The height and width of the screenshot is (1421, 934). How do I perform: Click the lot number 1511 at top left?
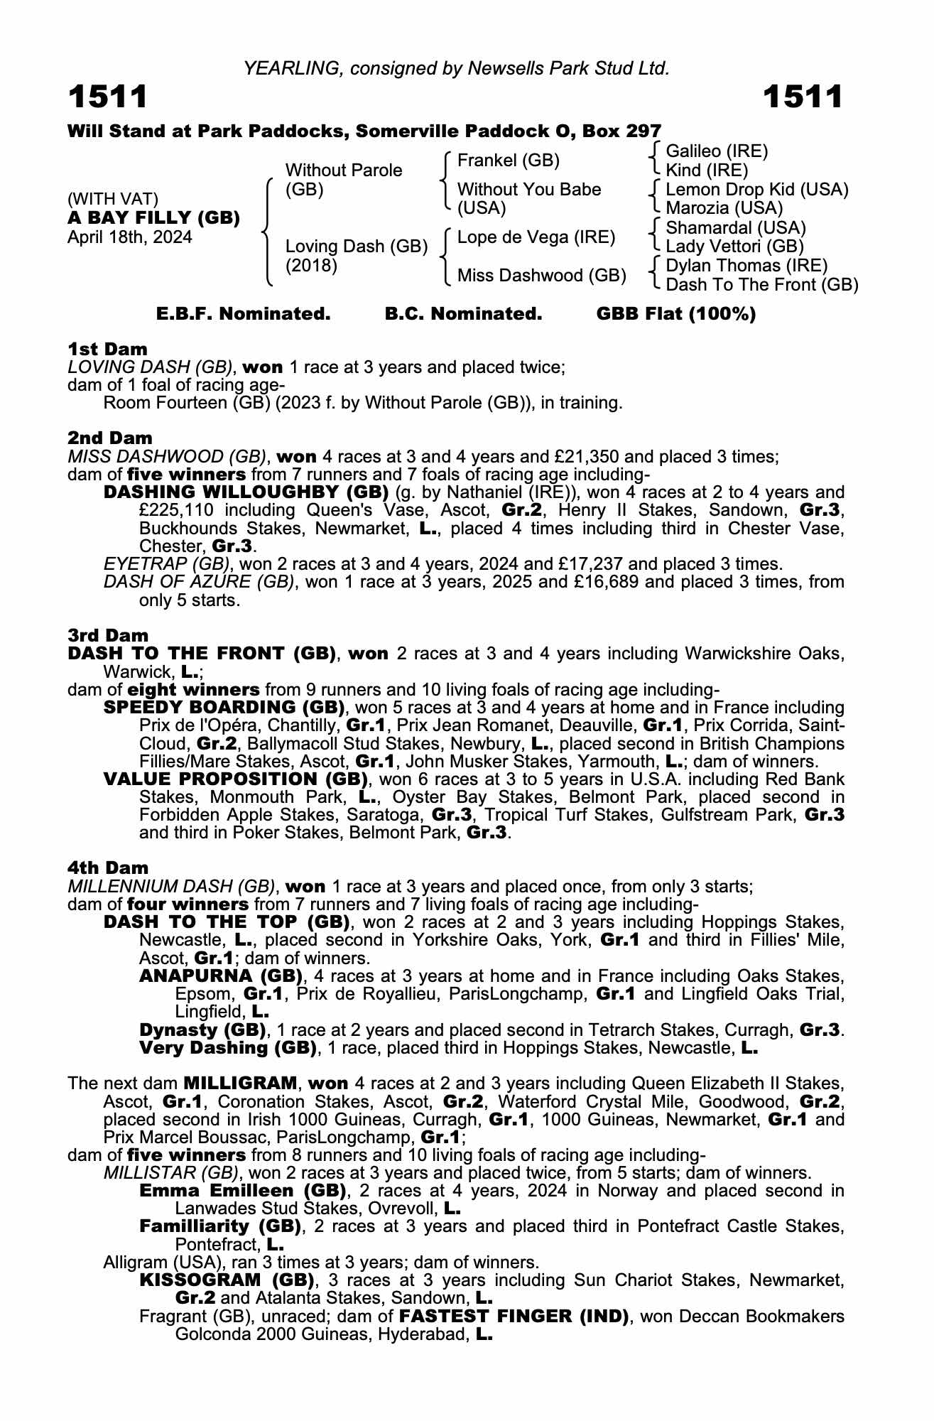[108, 97]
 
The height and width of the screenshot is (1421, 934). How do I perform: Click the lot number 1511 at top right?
[803, 97]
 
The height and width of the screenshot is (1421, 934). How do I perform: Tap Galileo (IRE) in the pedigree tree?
[717, 151]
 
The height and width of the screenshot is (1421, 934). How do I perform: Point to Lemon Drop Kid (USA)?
[756, 190]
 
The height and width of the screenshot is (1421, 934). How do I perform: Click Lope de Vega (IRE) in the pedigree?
[536, 237]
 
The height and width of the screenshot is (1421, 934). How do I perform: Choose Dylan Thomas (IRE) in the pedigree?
[746, 266]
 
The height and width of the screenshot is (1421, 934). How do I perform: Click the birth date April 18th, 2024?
[129, 237]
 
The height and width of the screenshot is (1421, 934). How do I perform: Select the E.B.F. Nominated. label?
[243, 314]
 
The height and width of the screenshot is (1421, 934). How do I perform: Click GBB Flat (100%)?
[675, 314]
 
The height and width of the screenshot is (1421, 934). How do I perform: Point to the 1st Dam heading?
[107, 349]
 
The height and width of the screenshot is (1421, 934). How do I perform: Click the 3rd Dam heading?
[108, 635]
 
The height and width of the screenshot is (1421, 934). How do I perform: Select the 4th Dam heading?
[108, 868]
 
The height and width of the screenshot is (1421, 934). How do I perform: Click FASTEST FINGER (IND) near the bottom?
[514, 1317]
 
